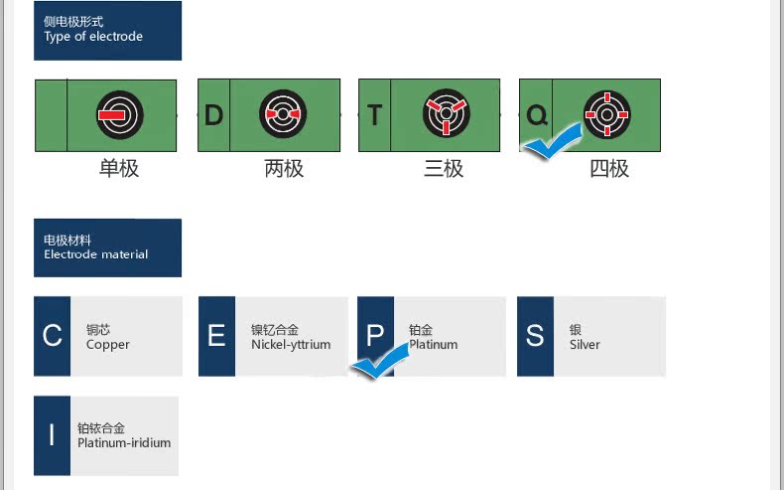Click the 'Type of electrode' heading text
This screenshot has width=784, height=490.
pyautogui.click(x=93, y=37)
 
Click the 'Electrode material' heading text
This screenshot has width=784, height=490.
pyautogui.click(x=96, y=254)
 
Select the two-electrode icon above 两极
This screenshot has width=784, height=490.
pyautogui.click(x=283, y=115)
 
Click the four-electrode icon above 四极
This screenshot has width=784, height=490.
pyautogui.click(x=606, y=115)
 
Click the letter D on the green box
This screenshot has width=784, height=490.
pyautogui.click(x=213, y=115)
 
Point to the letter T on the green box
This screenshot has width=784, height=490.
pyautogui.click(x=374, y=115)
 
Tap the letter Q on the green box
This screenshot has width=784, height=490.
pyautogui.click(x=536, y=115)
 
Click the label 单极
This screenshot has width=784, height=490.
pyautogui.click(x=119, y=168)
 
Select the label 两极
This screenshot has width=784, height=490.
pyautogui.click(x=284, y=168)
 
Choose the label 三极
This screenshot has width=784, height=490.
pyautogui.click(x=444, y=168)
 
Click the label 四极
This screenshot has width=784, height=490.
pyautogui.click(x=609, y=168)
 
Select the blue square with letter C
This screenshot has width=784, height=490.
pyautogui.click(x=53, y=336)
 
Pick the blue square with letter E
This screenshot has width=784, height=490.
pyautogui.click(x=216, y=336)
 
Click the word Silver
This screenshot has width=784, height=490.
pyautogui.click(x=586, y=345)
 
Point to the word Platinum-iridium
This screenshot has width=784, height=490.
pyautogui.click(x=124, y=442)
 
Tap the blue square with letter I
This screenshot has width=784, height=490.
pyautogui.click(x=52, y=435)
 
